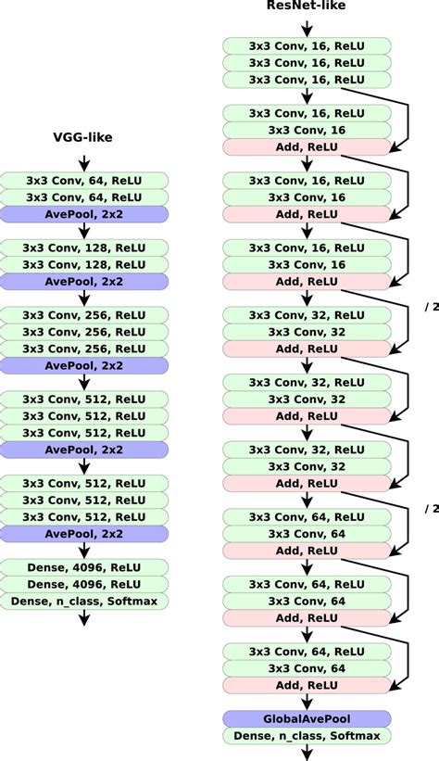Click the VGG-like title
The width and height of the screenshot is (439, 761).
83,139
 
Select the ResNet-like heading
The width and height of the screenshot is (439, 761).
306,7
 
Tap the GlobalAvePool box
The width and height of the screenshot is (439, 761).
306,718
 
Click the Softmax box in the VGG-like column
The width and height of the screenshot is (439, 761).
83,602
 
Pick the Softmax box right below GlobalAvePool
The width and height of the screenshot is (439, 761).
306,736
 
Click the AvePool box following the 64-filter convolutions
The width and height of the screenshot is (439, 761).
83,214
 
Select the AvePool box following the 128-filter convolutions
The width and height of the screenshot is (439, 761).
83,281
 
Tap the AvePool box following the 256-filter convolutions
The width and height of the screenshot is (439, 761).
83,365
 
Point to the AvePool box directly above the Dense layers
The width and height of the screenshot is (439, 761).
83,534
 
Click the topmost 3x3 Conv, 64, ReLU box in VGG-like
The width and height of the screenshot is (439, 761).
83,180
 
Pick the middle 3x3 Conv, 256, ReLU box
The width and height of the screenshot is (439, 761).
83,331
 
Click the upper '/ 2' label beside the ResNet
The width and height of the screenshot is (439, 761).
430,308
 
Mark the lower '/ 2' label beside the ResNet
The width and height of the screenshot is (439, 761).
430,508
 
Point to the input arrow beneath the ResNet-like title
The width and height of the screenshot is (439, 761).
306,27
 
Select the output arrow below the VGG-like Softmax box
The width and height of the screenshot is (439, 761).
83,618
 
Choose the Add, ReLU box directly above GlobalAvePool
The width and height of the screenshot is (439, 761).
306,685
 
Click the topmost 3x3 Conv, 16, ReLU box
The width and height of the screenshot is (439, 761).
306,45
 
